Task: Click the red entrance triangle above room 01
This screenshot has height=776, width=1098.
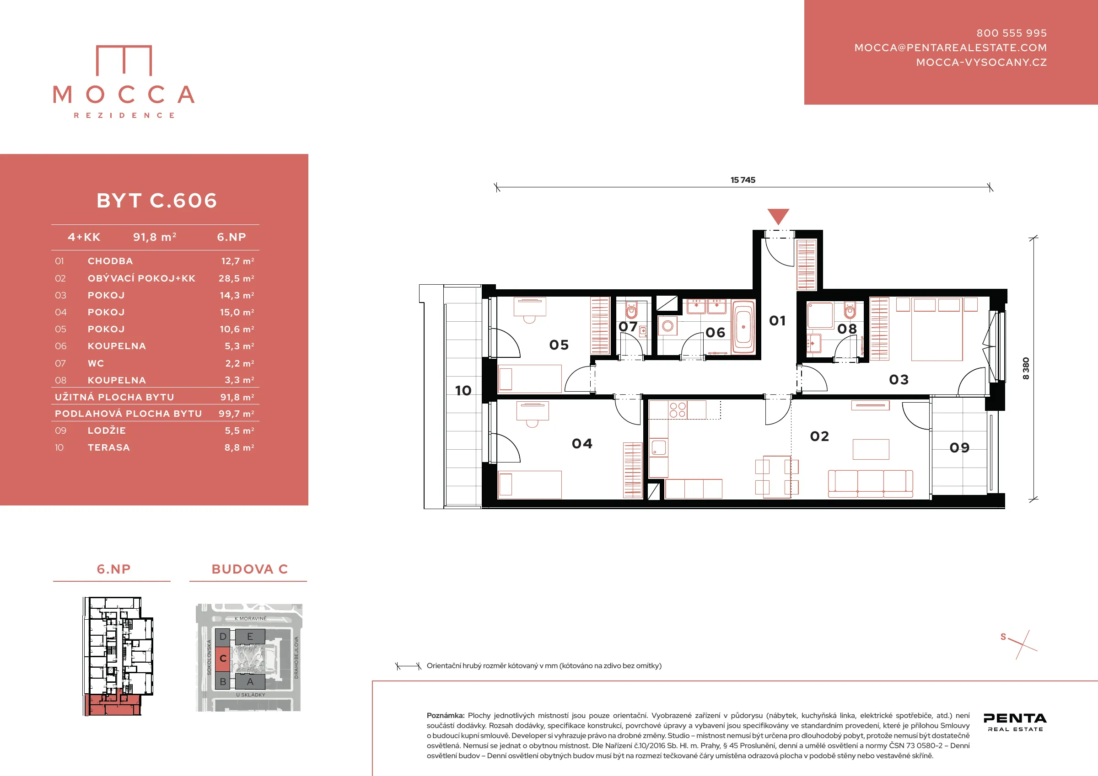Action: [x=778, y=216]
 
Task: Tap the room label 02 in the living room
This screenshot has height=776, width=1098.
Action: [x=819, y=436]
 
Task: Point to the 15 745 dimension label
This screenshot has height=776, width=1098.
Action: [x=743, y=180]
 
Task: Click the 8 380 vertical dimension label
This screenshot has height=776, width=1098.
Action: [x=1025, y=368]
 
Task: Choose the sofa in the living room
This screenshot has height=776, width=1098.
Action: [x=870, y=484]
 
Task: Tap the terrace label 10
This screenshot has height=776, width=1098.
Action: [x=463, y=391]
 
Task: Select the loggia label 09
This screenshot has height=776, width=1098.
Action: [x=959, y=448]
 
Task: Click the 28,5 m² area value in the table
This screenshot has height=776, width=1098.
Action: [x=236, y=279]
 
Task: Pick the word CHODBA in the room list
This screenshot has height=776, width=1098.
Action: [x=110, y=261]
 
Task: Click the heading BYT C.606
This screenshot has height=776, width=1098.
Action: [x=157, y=201]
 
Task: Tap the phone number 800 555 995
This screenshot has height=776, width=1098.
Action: [x=1012, y=33]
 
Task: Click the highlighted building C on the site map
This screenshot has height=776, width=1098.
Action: [x=222, y=659]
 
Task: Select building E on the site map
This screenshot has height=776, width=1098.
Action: [x=250, y=637]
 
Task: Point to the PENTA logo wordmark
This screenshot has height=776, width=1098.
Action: [x=1015, y=718]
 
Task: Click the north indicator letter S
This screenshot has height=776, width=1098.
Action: [x=1003, y=637]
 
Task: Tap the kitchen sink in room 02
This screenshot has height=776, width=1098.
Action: [x=658, y=448]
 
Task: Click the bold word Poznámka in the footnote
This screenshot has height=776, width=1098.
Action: [x=445, y=716]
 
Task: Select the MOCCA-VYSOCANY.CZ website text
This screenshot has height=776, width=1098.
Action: [x=981, y=63]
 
